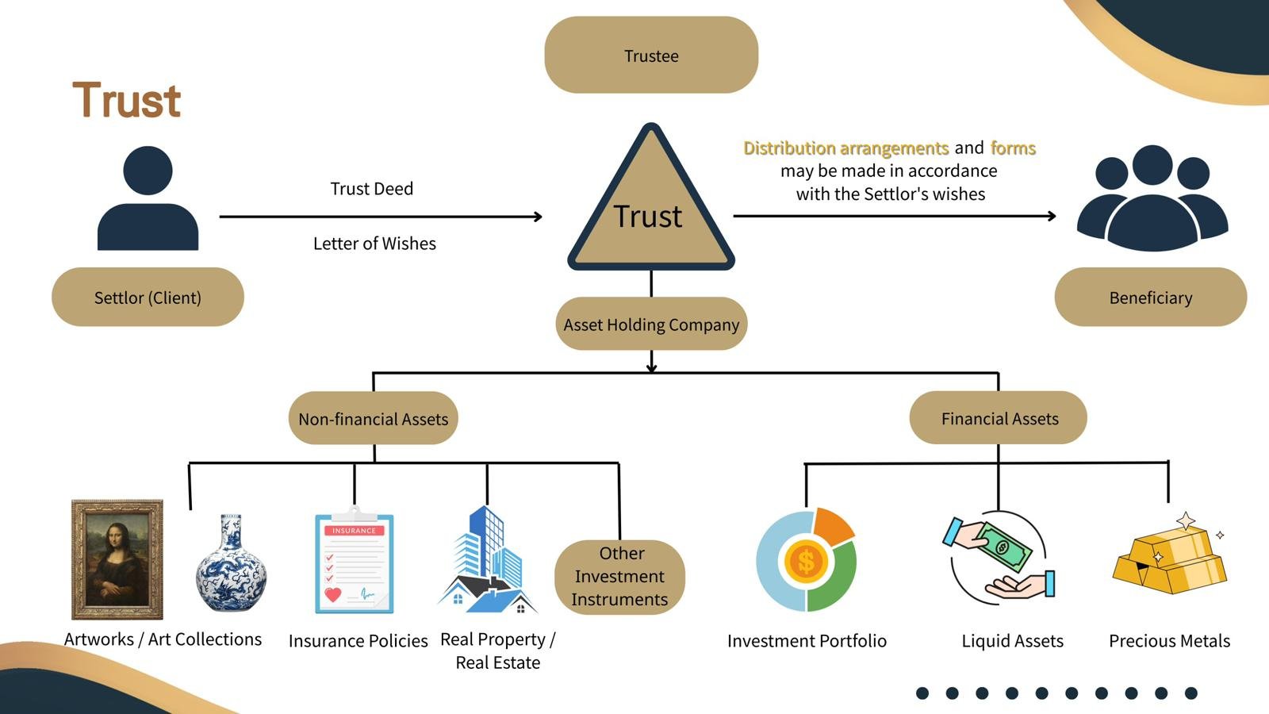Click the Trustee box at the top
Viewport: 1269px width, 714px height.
coord(651,56)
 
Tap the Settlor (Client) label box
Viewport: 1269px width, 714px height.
coord(148,297)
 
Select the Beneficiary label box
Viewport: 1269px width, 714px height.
coord(1150,297)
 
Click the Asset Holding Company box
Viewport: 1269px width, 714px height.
coord(651,324)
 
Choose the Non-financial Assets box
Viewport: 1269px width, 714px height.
coord(373,418)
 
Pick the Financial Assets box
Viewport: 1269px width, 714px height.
coord(999,418)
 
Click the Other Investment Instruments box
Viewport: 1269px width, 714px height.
coord(619,576)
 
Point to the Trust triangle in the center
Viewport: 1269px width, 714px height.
coord(650,210)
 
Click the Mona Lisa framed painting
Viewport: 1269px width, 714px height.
coord(117,559)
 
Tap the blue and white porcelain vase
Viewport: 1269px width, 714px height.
coord(231,564)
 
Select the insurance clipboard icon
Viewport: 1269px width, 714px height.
coord(354,562)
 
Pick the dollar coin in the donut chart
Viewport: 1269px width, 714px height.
coord(806,561)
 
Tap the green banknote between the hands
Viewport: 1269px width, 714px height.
coord(1003,547)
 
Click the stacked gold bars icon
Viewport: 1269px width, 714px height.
coord(1170,561)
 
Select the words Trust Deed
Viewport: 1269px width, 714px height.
coord(371,189)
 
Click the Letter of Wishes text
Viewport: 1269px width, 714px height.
coord(374,244)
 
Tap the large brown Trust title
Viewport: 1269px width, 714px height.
coord(127,101)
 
